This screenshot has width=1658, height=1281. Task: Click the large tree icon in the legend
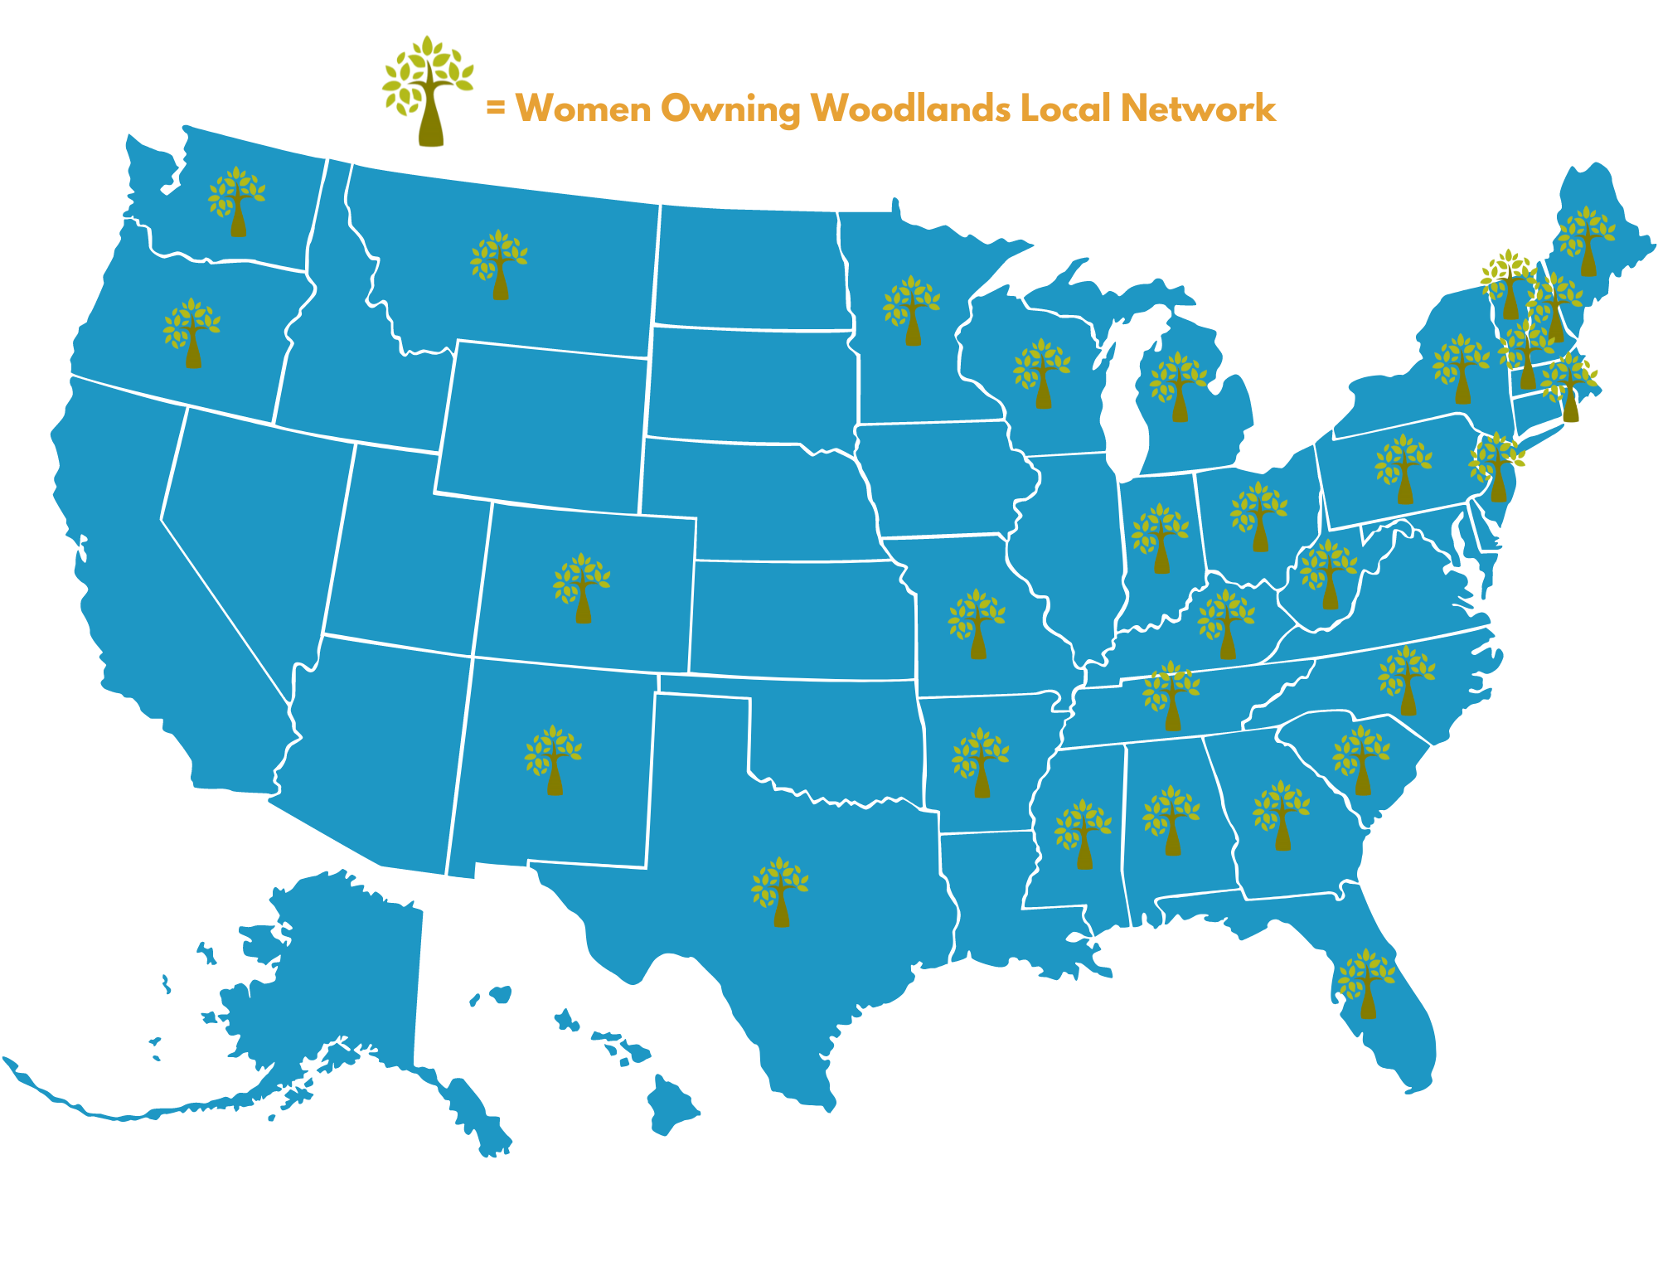428,91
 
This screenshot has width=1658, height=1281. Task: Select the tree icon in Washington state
237,201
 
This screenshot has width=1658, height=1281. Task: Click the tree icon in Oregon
192,333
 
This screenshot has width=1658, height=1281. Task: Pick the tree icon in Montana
499,264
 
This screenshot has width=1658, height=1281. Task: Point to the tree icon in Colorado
582,588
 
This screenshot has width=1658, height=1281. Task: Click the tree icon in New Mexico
554,760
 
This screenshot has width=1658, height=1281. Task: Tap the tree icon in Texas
780,892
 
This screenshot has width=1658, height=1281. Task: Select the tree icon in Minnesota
912,311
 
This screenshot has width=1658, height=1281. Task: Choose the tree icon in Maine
1587,241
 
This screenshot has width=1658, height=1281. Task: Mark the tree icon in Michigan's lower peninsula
1179,386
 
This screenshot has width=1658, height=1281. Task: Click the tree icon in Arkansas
981,763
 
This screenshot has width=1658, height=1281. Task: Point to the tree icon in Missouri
977,624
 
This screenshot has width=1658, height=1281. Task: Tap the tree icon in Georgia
1282,815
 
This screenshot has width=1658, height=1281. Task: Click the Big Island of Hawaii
671,1106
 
